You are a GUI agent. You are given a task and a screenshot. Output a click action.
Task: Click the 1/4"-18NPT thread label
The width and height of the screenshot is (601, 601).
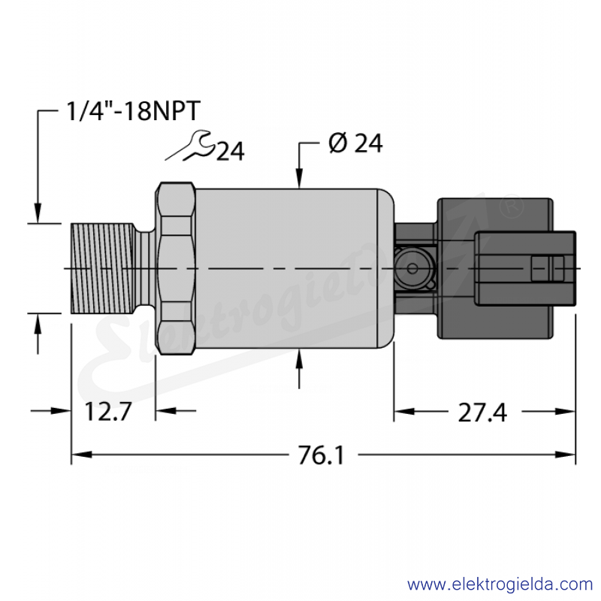pos(134,111)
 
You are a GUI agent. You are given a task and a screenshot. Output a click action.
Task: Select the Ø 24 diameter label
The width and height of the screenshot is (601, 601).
pos(355,143)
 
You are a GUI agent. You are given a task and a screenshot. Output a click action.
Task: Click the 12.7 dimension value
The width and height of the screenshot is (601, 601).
pos(107,411)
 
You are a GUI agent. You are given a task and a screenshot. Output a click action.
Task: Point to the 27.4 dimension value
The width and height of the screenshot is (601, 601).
pos(482,412)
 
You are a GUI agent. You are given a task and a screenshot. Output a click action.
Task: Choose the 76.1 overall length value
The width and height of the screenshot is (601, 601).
pos(322,455)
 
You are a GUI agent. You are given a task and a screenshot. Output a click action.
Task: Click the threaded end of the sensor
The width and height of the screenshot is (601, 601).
pos(103,268)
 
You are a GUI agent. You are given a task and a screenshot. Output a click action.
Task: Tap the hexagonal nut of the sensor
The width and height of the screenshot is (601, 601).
pos(176,268)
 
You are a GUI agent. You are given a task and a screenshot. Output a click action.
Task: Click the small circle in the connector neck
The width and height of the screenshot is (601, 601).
pos(412,268)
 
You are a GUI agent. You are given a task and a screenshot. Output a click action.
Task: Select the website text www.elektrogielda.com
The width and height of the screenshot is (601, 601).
pos(500,585)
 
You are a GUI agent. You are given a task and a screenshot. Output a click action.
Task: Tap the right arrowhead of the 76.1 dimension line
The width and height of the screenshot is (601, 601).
pos(565,455)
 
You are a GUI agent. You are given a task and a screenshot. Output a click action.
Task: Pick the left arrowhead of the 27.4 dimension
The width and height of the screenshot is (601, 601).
pos(404,412)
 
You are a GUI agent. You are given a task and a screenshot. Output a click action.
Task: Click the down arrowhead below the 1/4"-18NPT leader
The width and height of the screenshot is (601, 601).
pos(38,213)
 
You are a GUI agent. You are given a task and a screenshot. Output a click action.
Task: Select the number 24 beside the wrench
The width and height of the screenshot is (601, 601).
pos(231,152)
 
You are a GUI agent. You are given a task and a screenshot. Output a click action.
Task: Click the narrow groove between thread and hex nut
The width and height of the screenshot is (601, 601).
pos(145,268)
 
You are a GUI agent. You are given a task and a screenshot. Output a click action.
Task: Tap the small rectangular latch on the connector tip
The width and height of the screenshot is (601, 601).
pos(548,268)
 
